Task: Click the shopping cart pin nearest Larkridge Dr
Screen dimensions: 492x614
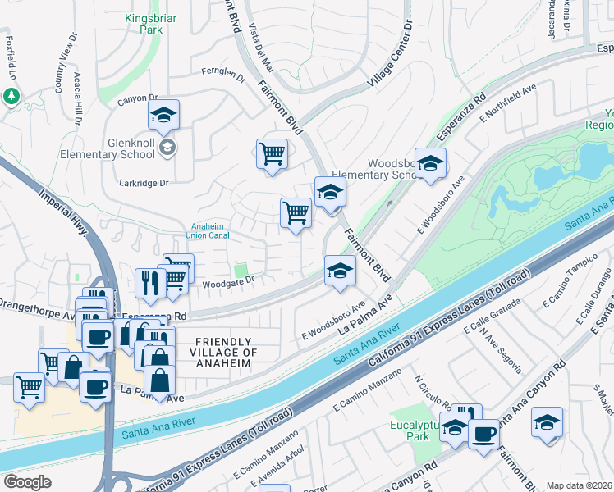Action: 272,153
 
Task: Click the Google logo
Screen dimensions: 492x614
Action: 27,482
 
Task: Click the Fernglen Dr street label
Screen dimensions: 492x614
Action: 223,75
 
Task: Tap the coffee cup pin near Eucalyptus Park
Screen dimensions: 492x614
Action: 483,434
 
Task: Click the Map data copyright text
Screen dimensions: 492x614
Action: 578,485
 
